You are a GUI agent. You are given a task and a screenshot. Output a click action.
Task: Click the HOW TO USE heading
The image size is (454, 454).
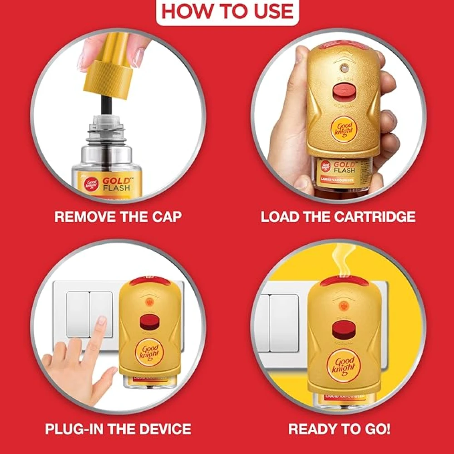pyautogui.click(x=227, y=11)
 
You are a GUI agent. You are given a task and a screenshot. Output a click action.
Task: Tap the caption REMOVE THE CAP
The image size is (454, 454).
pyautogui.click(x=118, y=216)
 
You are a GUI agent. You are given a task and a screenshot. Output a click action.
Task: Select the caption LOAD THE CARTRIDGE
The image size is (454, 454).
pyautogui.click(x=338, y=216)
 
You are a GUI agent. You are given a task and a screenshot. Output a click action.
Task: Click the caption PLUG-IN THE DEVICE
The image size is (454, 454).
pyautogui.click(x=118, y=428)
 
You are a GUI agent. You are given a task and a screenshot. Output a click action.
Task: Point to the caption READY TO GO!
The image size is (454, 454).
pyautogui.click(x=339, y=428)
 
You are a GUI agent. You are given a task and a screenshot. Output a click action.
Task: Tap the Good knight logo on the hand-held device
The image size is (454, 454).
pyautogui.click(x=344, y=128)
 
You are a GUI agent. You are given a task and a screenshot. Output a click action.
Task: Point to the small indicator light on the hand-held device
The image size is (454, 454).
pyautogui.click(x=343, y=68)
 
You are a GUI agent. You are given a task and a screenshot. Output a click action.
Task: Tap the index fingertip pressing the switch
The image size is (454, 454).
pyautogui.click(x=102, y=321)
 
